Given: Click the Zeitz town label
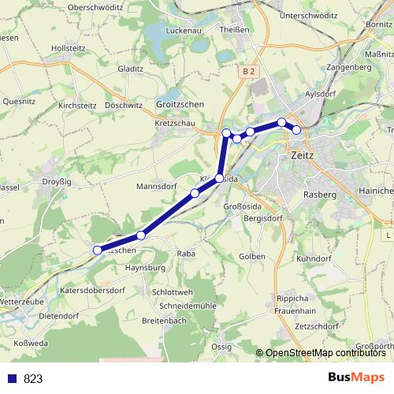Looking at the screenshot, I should pyautogui.click(x=302, y=155).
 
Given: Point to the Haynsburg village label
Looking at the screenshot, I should pyautogui.click(x=144, y=268).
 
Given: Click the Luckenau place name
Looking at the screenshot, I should pyautogui.click(x=184, y=31).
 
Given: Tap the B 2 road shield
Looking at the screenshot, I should pyautogui.click(x=249, y=71).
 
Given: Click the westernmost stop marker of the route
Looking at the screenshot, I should pyautogui.click(x=98, y=251).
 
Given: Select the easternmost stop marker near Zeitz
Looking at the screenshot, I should pyautogui.click(x=297, y=129).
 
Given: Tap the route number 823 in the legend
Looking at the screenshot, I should pyautogui.click(x=33, y=379).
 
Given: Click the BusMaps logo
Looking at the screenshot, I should pyautogui.click(x=356, y=378).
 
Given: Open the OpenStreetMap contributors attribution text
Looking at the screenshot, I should pyautogui.click(x=324, y=352).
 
